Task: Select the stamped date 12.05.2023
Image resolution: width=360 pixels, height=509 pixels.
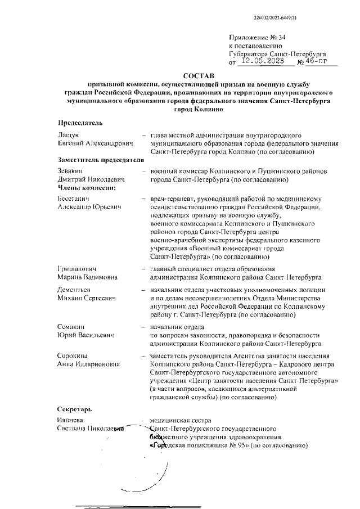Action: [x=262, y=61]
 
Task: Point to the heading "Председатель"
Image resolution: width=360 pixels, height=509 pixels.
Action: [x=79, y=122]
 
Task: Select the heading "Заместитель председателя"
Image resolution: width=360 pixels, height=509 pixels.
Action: [x=101, y=160]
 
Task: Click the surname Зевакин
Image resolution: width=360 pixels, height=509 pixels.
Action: [x=70, y=171]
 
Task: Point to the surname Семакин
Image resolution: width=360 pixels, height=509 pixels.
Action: [x=71, y=327]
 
